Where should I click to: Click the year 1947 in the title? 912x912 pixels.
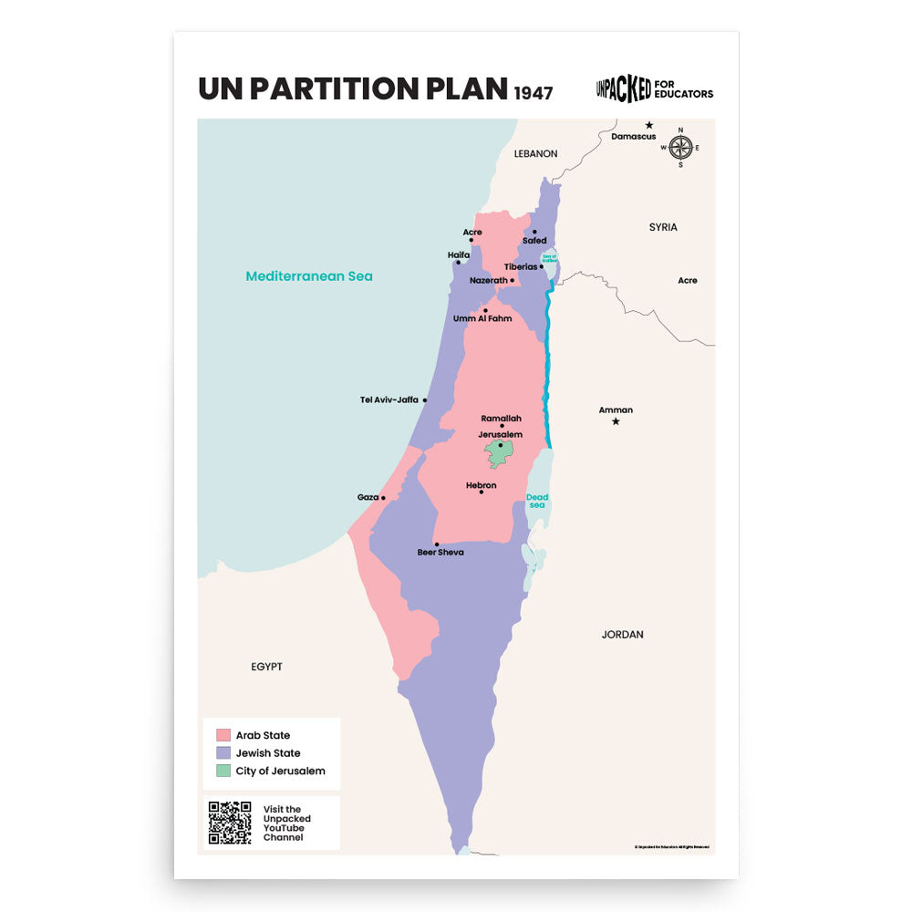(533, 92)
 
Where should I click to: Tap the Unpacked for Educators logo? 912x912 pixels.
(654, 88)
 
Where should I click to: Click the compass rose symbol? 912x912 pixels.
(680, 147)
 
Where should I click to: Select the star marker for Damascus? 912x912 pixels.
(649, 125)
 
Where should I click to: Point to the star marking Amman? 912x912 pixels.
(616, 421)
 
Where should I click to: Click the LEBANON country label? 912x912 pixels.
(535, 153)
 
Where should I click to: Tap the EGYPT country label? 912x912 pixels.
(266, 667)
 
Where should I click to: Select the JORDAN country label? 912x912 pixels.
(622, 634)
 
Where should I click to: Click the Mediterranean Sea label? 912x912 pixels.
(309, 275)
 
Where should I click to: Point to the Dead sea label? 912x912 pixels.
(537, 501)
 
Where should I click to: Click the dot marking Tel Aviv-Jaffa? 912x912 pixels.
(425, 399)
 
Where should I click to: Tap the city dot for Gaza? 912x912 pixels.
(383, 498)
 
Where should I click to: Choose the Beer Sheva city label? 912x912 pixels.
(440, 553)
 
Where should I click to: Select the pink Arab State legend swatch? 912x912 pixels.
(223, 735)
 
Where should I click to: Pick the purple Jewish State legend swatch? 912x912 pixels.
(223, 753)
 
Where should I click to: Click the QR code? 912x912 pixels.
(230, 823)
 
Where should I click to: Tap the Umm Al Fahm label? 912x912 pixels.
(482, 318)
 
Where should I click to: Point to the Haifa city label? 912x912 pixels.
(459, 254)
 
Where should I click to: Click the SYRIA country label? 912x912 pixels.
(663, 227)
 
